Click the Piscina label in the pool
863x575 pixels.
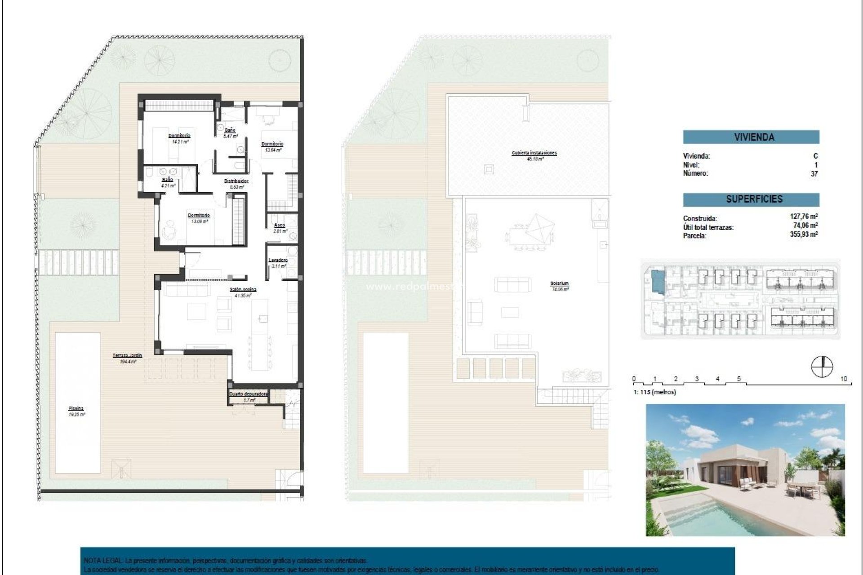click(x=76, y=409)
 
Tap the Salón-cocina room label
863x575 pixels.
click(x=243, y=290)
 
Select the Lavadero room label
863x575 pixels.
click(x=278, y=260)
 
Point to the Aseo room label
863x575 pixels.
click(x=280, y=225)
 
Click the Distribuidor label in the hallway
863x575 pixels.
click(x=236, y=181)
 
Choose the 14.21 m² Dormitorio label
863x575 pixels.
click(x=179, y=136)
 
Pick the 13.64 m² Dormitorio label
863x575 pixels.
click(x=272, y=144)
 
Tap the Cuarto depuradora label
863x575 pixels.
click(x=249, y=394)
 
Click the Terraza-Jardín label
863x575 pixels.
click(x=127, y=356)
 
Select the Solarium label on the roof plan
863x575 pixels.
click(x=559, y=284)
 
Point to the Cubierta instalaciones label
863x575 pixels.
click(x=534, y=153)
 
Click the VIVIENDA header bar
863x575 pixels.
click(x=751, y=137)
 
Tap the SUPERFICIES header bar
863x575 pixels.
click(x=751, y=199)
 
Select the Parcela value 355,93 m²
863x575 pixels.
click(x=803, y=234)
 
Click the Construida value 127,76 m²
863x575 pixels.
click(x=803, y=217)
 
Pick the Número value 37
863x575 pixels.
click(x=814, y=174)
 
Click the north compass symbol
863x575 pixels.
click(x=822, y=367)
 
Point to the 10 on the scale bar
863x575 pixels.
click(x=843, y=379)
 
